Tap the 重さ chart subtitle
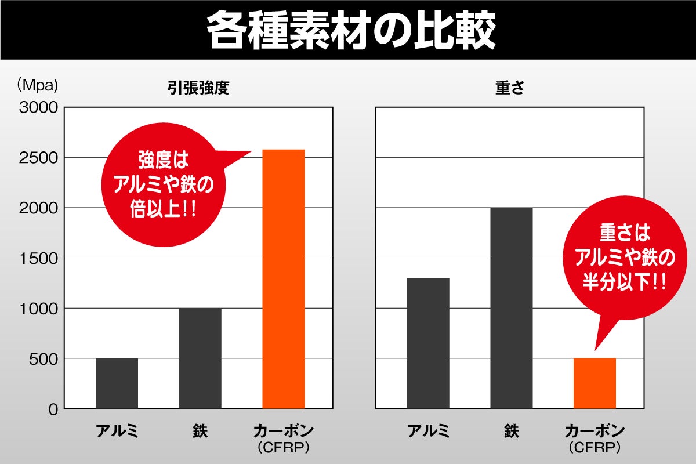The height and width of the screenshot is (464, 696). pyautogui.click(x=510, y=88)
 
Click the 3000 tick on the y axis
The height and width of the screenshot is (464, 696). pyautogui.click(x=38, y=107)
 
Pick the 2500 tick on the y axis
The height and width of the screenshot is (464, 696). pyautogui.click(x=38, y=158)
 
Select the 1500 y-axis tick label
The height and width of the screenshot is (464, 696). pyautogui.click(x=38, y=258)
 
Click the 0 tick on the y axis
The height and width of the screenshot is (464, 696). pyautogui.click(x=53, y=409)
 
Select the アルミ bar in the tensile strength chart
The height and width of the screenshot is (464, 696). pyautogui.click(x=117, y=383)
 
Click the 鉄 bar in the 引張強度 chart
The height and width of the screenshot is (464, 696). pyautogui.click(x=200, y=358)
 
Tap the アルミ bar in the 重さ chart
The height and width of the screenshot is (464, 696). pyautogui.click(x=428, y=343)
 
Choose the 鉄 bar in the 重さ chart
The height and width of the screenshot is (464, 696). pyautogui.click(x=512, y=308)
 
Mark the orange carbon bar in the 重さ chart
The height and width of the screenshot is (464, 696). pyautogui.click(x=594, y=383)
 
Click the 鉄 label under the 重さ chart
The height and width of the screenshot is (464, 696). pyautogui.click(x=512, y=432)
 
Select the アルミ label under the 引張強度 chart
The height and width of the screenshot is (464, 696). pyautogui.click(x=117, y=432)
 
